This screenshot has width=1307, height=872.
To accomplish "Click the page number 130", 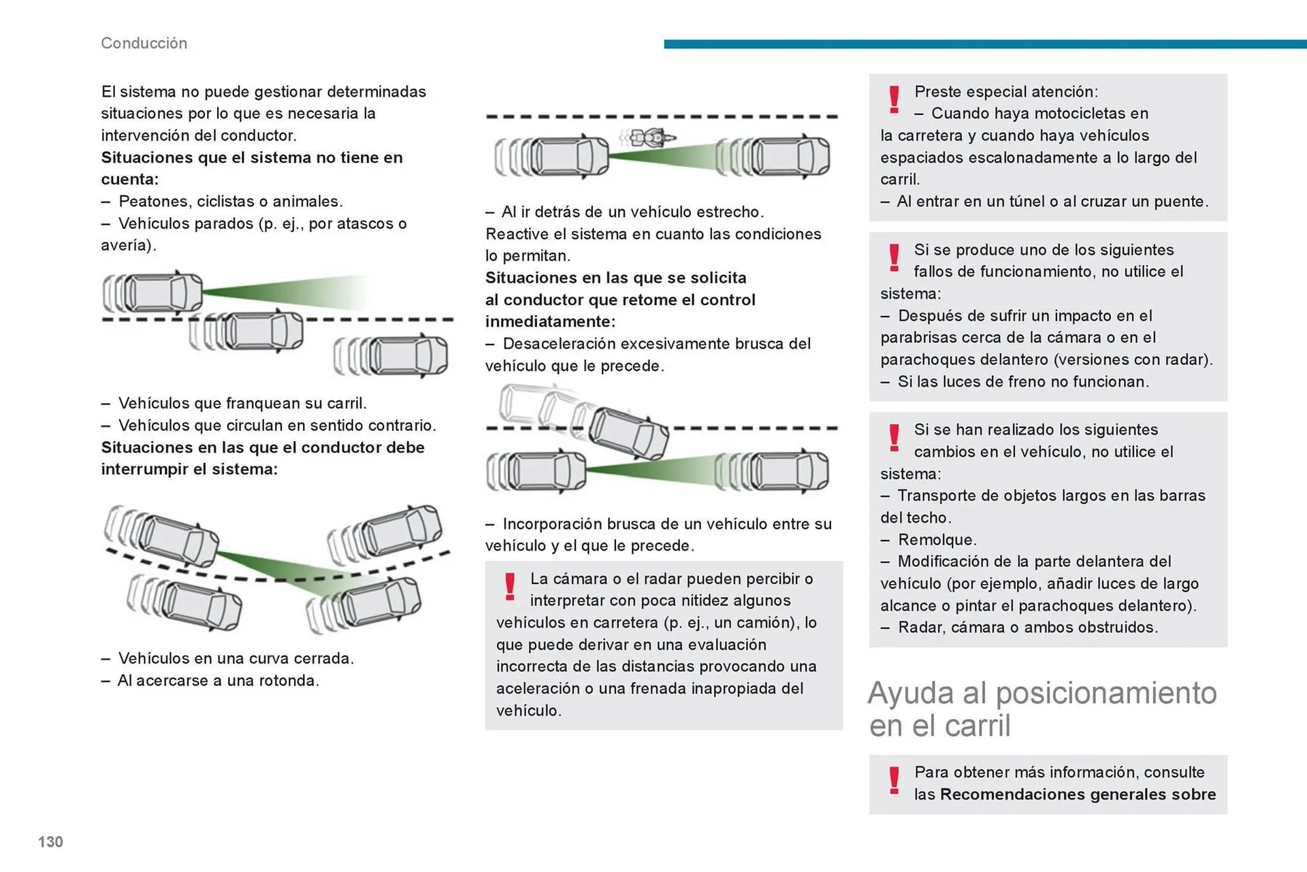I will point(50,842).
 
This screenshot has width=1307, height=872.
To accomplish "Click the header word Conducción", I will point(144,43).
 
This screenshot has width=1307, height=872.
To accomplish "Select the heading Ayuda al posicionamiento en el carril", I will point(1042,709).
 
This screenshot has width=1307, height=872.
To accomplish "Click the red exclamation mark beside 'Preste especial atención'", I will point(894,99).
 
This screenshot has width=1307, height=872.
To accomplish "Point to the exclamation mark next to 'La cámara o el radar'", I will point(510,586).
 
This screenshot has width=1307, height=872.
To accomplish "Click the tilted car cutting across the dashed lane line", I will point(628,433).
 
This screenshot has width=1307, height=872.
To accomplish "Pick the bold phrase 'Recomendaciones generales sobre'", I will point(1078,794).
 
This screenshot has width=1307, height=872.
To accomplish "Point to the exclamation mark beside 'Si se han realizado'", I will point(894,437).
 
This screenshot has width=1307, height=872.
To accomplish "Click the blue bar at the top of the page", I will point(984,44).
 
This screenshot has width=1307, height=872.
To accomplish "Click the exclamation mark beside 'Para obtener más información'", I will point(894,780).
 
